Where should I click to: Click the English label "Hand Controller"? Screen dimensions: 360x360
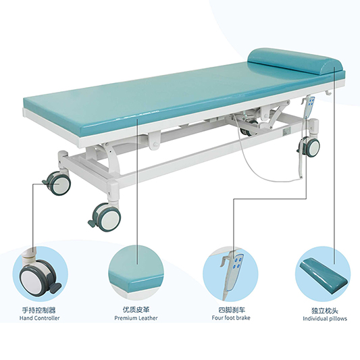click(39, 318)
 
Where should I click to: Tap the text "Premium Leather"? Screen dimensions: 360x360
click(136, 318)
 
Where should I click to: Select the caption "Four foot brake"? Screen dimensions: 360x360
click(231, 317)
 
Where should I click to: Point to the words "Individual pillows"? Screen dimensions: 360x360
click(325, 319)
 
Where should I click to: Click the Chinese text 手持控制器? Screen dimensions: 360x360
click(38, 310)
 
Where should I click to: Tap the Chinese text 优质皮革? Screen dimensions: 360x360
click(136, 310)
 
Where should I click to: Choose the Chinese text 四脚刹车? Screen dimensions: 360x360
click(232, 310)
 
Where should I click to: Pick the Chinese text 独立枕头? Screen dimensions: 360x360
click(325, 311)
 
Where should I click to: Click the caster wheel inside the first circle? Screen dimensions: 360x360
click(36, 278)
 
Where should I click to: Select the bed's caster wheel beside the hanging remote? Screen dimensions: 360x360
click(311, 147)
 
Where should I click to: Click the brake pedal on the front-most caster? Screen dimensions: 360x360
click(93, 222)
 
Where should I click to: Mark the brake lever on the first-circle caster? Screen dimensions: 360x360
click(55, 288)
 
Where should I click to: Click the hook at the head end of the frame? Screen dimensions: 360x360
click(328, 93)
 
